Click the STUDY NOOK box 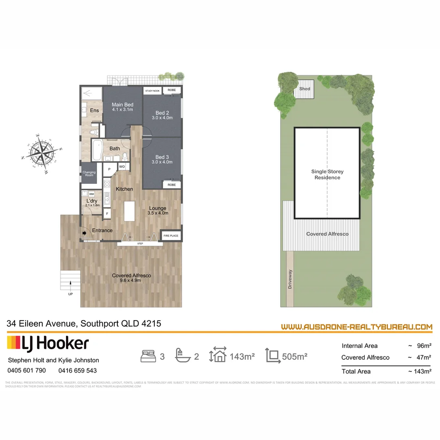pyautogui.click(x=152, y=91)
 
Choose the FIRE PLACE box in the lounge pyautogui.click(x=171, y=236)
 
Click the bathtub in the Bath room pyautogui.click(x=97, y=150)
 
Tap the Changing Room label pyautogui.click(x=89, y=174)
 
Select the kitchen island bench pyautogui.click(x=129, y=211)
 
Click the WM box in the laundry pyautogui.click(x=92, y=194)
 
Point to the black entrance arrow pyautogui.click(x=85, y=233)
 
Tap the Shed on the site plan pyautogui.click(x=304, y=91)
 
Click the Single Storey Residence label pyautogui.click(x=327, y=175)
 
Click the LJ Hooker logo pyautogui.click(x=48, y=343)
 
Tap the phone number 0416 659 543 pyautogui.click(x=77, y=370)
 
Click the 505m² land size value pyautogui.click(x=295, y=356)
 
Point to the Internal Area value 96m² pyautogui.click(x=424, y=346)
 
